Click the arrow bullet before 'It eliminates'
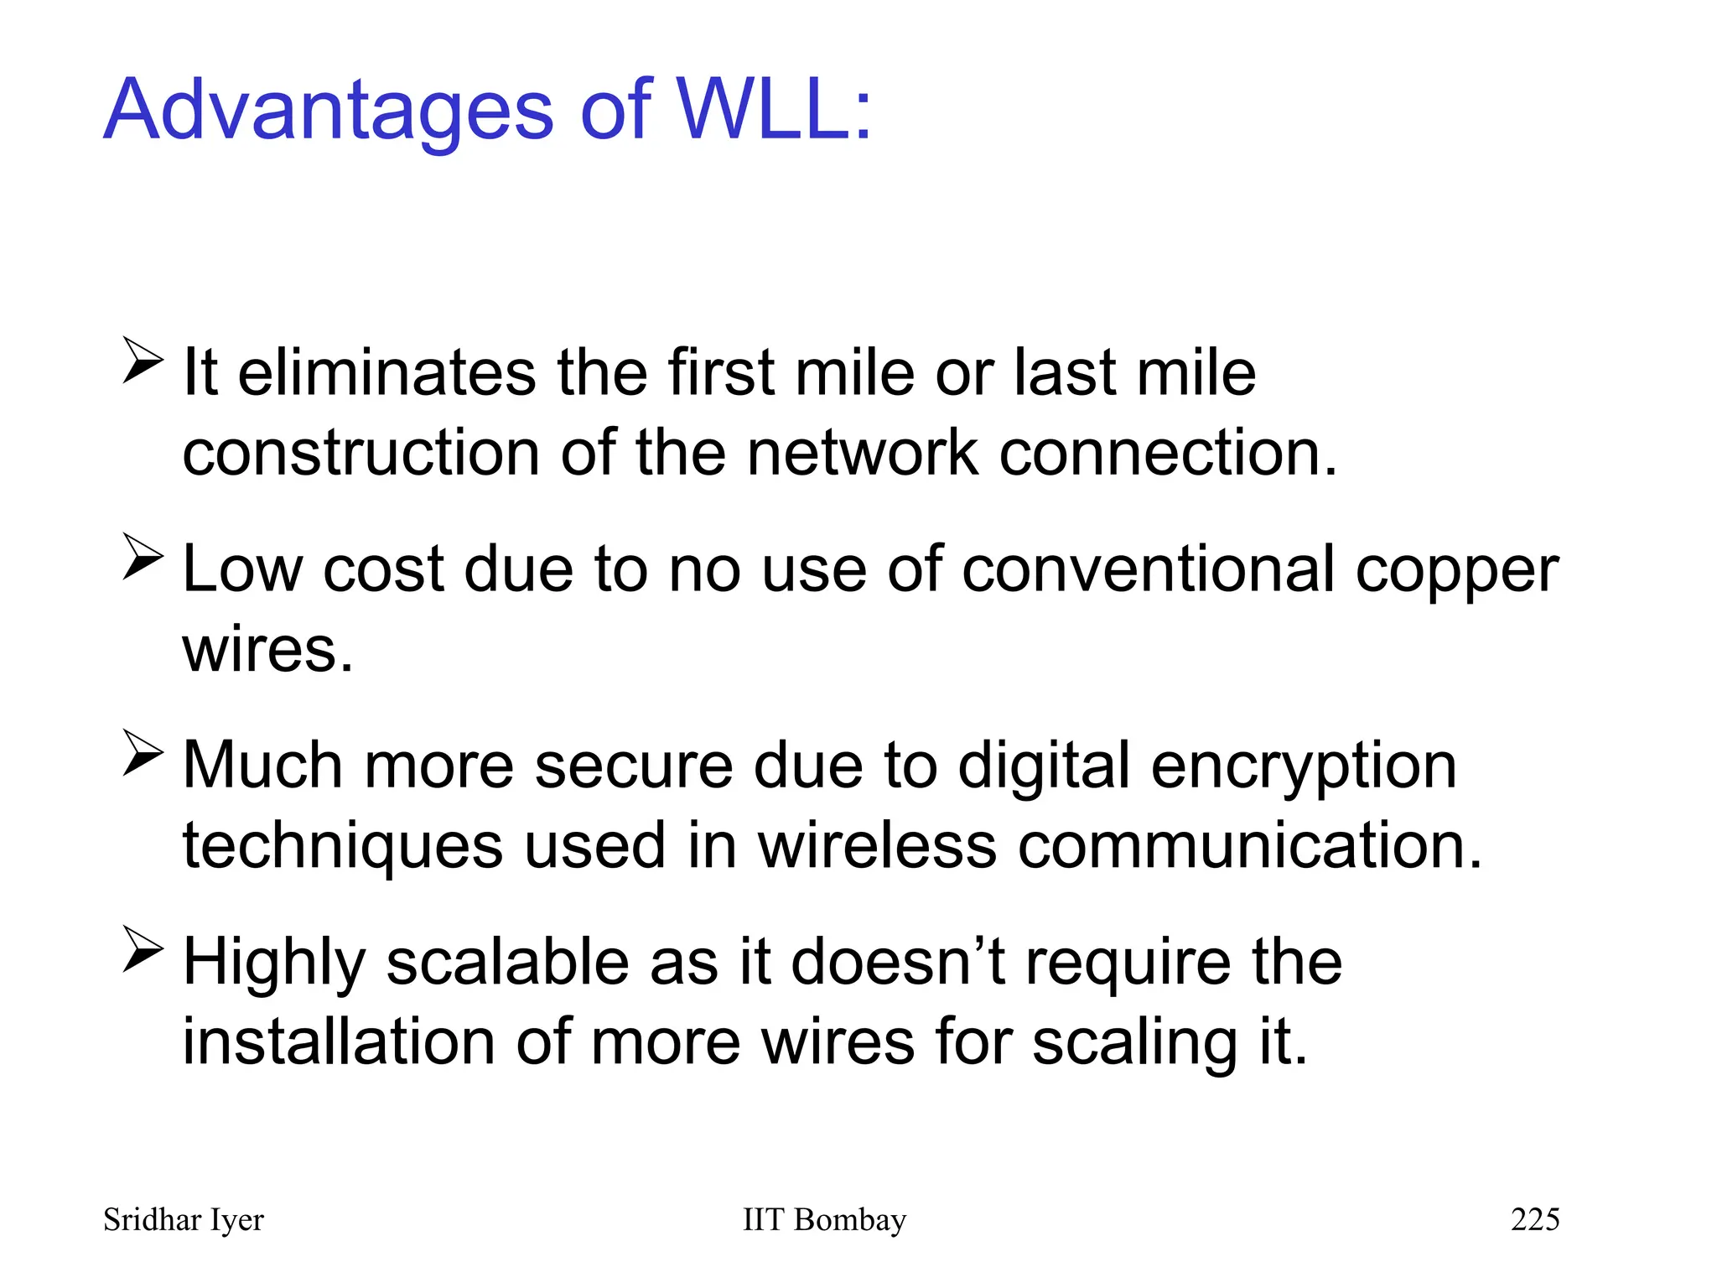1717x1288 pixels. (x=143, y=360)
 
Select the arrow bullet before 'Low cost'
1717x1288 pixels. (x=143, y=556)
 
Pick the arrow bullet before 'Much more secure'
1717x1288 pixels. (x=143, y=752)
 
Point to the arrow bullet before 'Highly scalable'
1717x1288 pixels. (x=143, y=948)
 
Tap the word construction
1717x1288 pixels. (x=361, y=453)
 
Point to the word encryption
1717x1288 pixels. (x=1304, y=767)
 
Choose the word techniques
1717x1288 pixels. (x=342, y=847)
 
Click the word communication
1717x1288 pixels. (x=1249, y=845)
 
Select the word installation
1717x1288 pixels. (x=338, y=1041)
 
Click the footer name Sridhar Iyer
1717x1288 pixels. (x=183, y=1220)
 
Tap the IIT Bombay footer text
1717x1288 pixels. (x=824, y=1220)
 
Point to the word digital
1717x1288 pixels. (x=1044, y=767)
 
